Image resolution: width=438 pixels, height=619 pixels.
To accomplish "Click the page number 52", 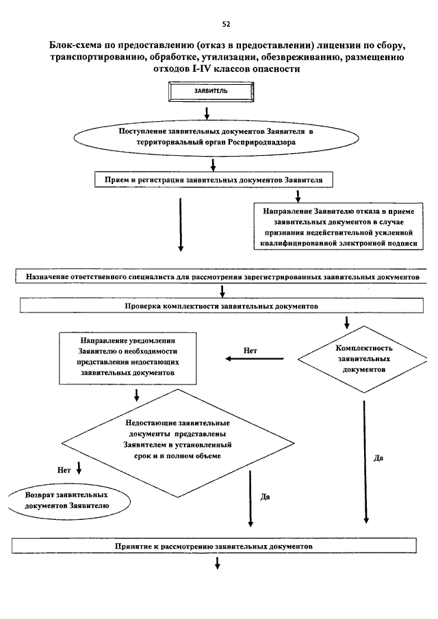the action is coord(226,24).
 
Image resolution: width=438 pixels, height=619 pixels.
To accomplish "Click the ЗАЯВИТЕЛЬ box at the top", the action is coord(211,92).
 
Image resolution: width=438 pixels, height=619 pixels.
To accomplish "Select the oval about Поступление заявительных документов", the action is coord(216,137).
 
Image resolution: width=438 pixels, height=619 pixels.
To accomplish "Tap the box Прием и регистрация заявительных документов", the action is coord(214,180).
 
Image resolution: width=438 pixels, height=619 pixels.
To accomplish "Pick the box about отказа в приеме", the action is coord(339,226).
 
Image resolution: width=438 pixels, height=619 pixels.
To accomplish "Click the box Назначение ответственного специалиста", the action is coord(222,276).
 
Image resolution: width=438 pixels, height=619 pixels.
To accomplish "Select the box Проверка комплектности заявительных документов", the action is coord(222,306).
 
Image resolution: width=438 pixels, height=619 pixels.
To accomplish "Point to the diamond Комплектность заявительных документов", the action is coord(363,359).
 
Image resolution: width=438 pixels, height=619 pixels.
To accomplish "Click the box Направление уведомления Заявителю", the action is coord(128,358).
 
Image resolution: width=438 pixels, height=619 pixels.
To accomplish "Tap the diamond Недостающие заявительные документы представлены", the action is coord(178,443).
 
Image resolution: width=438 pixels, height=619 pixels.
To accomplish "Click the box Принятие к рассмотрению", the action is coord(214,546).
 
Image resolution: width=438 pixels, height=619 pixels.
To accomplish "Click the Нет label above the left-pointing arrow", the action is coord(250,350).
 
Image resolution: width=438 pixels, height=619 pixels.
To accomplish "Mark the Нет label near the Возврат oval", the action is coord(64,470).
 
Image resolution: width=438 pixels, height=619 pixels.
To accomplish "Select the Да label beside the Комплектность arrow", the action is coord(378,458).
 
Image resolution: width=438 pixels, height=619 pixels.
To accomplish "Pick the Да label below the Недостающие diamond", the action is coord(265,497).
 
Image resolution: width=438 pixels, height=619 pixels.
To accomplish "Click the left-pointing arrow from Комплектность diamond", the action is coord(255,359).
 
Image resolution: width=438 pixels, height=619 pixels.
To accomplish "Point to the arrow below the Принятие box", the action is coord(217,564).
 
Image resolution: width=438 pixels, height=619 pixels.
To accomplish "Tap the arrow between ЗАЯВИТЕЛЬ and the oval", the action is coord(207,113).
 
